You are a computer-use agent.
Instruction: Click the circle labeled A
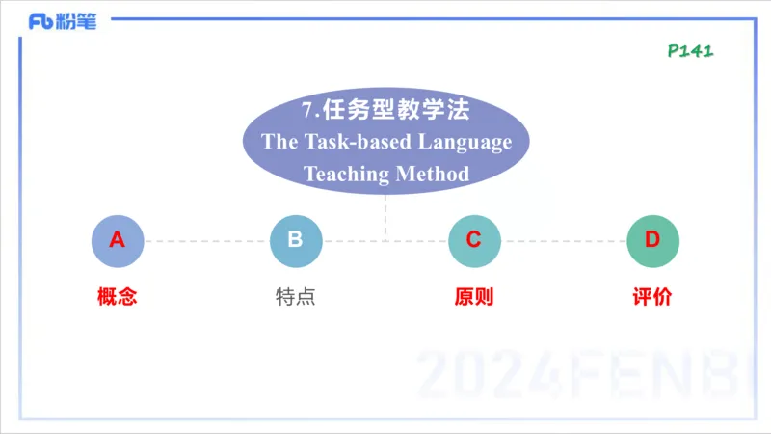pos(118,240)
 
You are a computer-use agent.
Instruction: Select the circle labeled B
pos(295,240)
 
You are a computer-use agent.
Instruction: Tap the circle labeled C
pos(474,240)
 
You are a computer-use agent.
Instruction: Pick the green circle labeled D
pos(652,240)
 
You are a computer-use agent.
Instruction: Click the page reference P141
pos(690,50)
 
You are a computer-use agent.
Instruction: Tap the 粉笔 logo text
pos(77,22)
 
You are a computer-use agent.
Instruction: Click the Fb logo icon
pos(40,22)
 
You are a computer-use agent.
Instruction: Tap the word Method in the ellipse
pos(432,174)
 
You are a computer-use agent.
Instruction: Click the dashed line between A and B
pos(206,241)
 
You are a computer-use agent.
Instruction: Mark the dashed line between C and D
pos(564,241)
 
